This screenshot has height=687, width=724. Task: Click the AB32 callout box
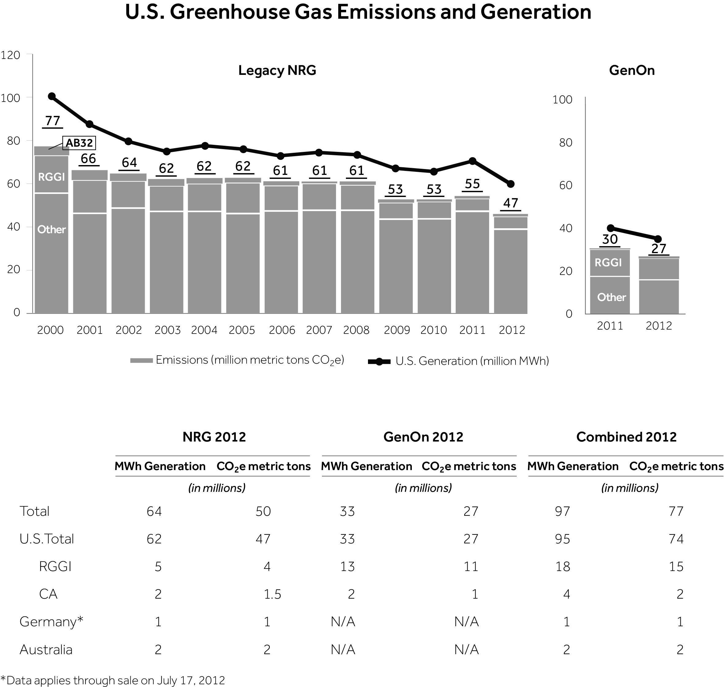click(79, 143)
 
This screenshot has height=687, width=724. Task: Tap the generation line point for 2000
click(52, 96)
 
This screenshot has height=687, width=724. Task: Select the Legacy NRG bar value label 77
click(53, 121)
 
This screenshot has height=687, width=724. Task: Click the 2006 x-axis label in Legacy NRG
click(282, 330)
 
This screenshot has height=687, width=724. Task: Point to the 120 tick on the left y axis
click(11, 55)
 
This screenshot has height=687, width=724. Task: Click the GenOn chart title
click(632, 70)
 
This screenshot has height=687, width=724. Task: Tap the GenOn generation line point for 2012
click(658, 239)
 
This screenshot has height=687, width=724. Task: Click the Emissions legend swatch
click(141, 361)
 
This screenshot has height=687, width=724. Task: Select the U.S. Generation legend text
click(472, 361)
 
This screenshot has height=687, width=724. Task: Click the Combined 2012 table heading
click(626, 437)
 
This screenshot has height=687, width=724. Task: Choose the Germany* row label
click(51, 621)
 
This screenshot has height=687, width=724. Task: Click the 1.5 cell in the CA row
click(272, 594)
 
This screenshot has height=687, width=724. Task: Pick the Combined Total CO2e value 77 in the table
click(676, 511)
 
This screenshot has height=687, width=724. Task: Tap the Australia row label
click(46, 649)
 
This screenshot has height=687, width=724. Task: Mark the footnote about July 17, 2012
click(113, 680)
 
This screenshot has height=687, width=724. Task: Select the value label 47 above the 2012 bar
click(511, 203)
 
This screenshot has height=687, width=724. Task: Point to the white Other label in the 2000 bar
click(51, 230)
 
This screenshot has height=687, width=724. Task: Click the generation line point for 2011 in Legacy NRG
click(473, 161)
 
